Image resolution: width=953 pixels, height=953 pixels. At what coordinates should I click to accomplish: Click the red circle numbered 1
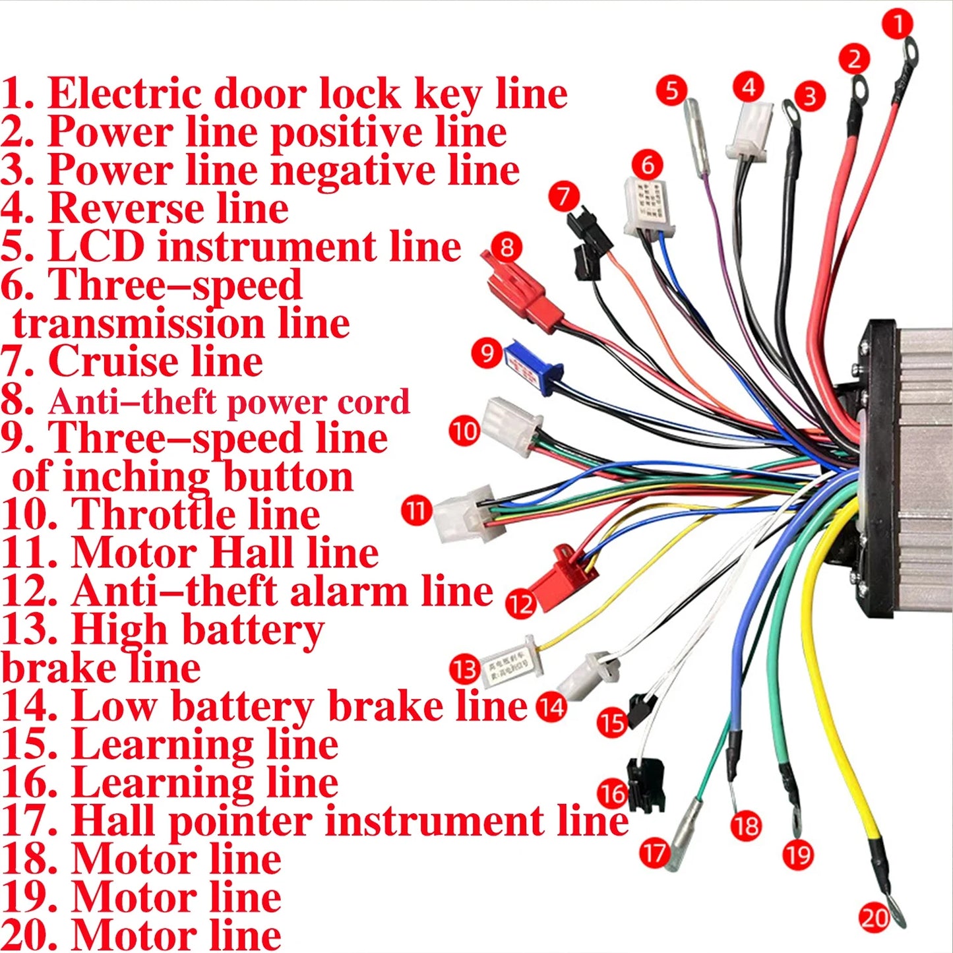tap(897, 24)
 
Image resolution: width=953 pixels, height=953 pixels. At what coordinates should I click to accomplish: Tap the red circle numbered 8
tap(507, 247)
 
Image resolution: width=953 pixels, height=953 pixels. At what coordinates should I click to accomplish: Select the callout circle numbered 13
tap(464, 669)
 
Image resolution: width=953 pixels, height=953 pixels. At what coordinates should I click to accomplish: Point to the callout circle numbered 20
tap(875, 918)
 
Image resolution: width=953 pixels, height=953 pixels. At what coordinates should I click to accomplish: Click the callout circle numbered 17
tap(654, 853)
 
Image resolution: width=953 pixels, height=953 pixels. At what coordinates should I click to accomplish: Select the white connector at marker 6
tap(648, 207)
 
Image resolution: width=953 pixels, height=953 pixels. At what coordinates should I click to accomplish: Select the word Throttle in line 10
tap(195, 514)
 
